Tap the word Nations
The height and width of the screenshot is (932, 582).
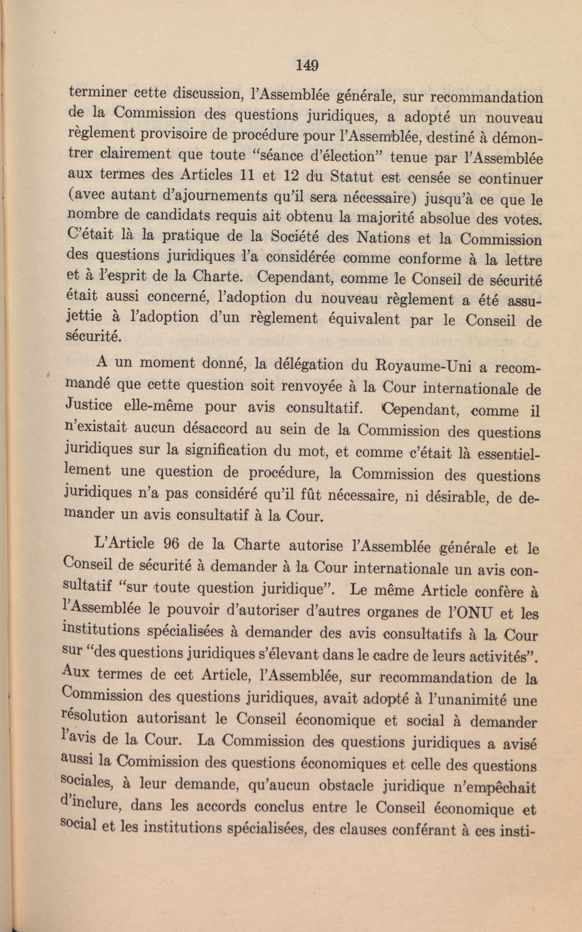pyautogui.click(x=381, y=240)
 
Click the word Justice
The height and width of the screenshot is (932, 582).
pyautogui.click(x=90, y=406)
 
